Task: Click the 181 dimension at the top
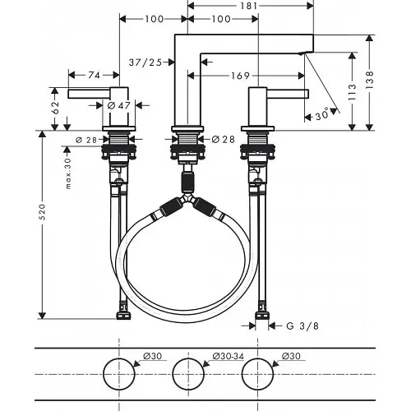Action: coord(250,6)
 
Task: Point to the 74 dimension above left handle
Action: coord(95,75)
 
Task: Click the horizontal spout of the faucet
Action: coord(255,44)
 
